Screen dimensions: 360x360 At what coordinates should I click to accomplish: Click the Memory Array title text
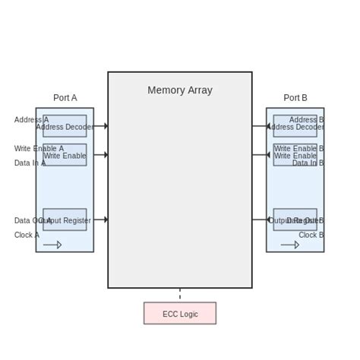point(179,90)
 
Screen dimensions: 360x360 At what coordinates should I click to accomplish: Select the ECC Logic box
point(179,313)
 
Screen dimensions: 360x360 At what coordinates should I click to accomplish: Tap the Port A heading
point(65,98)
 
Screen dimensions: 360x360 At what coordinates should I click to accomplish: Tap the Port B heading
point(295,98)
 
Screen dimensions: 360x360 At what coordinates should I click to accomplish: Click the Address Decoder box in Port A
point(65,126)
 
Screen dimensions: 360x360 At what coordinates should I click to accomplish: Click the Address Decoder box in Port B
point(295,126)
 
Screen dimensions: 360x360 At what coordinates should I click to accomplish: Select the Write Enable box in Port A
point(65,155)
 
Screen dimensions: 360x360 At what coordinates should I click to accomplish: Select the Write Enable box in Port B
point(295,155)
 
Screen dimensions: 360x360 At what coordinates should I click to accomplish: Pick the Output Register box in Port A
point(65,219)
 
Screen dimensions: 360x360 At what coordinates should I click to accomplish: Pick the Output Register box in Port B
point(295,219)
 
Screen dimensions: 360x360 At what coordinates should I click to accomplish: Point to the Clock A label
point(27,235)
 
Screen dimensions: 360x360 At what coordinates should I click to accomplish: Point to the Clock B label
point(311,235)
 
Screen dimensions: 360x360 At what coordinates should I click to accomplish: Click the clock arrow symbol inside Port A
point(52,245)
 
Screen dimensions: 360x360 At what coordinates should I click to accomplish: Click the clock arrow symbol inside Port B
point(290,245)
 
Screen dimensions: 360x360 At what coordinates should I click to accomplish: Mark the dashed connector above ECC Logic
point(180,295)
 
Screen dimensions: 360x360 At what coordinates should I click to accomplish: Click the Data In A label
point(30,163)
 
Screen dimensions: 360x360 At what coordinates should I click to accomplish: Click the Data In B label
point(308,163)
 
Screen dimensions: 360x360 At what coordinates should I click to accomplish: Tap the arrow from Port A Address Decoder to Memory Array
point(100,126)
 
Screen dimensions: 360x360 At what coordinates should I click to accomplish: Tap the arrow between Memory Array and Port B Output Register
point(259,219)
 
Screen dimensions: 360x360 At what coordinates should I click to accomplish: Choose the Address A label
point(31,120)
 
